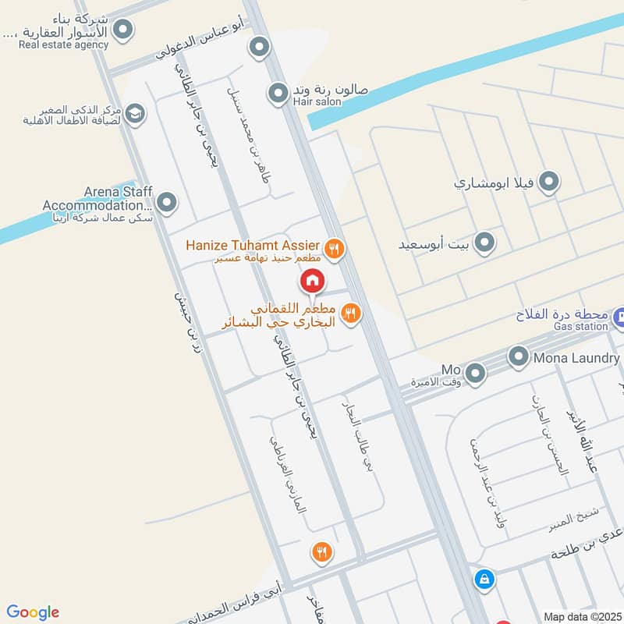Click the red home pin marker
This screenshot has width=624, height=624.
point(312,281)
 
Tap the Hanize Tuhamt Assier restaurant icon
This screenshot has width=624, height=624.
point(335,249)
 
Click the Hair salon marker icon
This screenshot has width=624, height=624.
point(278,94)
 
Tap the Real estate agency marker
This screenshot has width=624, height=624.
point(122,30)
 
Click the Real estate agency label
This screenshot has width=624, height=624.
point(64,44)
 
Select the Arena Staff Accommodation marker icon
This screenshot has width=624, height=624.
point(166,204)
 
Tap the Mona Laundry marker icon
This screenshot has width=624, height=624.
point(519,358)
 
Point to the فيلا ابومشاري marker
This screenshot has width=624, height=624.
point(550,183)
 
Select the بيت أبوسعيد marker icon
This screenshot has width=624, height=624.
point(484,243)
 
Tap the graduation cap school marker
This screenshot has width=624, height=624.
point(135,114)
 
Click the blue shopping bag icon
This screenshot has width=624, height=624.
point(484,579)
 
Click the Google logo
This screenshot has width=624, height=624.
point(33,612)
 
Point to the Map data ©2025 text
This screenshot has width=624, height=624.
point(581,616)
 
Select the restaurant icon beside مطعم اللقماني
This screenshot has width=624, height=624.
point(350,313)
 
